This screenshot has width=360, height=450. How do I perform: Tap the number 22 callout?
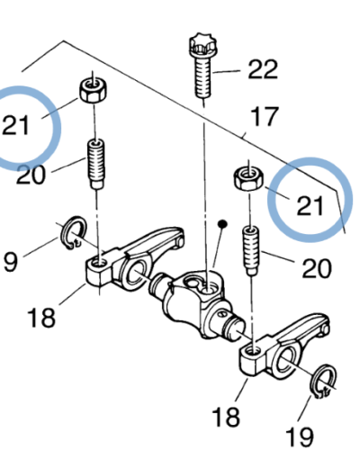(263, 69)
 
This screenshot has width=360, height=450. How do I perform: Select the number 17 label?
(265, 116)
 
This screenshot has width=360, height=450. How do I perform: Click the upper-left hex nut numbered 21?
(93, 89)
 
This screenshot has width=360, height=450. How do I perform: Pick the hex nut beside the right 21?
(248, 179)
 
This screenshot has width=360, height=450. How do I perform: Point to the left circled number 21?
(15, 125)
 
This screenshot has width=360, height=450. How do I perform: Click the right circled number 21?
(310, 205)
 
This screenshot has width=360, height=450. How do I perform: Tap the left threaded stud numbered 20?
(96, 164)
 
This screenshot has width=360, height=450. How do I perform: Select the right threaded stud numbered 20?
(251, 251)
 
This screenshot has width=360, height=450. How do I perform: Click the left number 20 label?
(31, 174)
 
